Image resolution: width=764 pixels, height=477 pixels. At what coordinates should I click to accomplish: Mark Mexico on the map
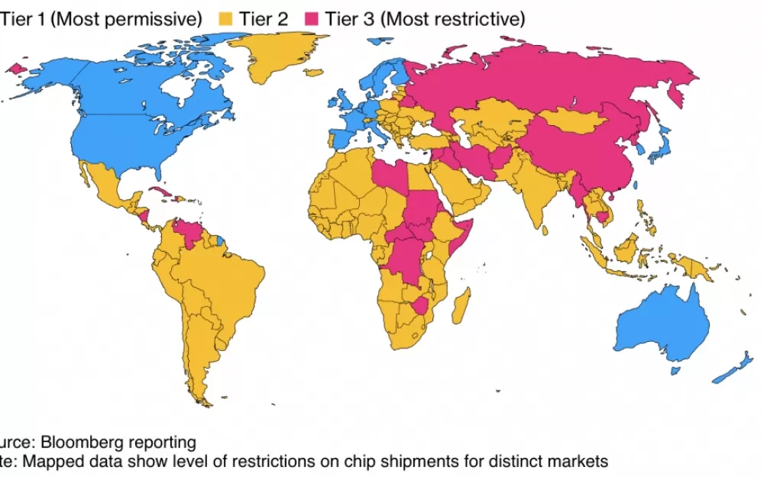(107, 191)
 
